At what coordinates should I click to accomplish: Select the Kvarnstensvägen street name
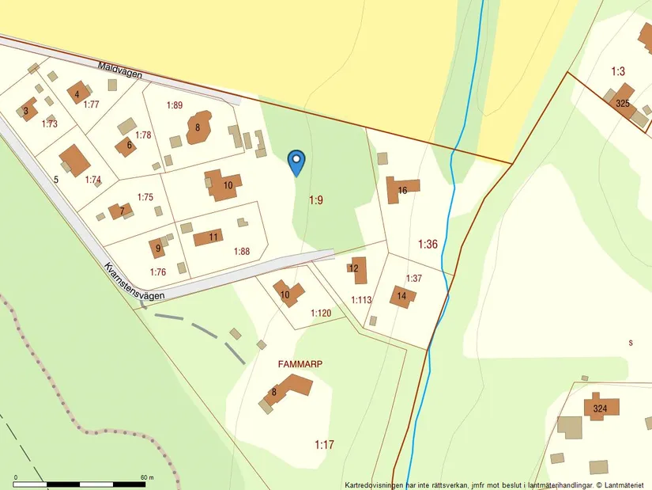134,282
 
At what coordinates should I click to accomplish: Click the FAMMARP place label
300,364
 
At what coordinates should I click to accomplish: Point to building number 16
402,190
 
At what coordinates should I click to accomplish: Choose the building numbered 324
600,408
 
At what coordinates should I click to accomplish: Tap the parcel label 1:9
315,200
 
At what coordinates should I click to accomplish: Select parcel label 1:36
427,244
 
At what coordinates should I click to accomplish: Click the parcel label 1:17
324,445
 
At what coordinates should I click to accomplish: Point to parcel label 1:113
361,300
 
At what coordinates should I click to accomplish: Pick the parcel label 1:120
321,313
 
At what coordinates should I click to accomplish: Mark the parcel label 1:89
175,105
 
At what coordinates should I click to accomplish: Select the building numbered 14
401,297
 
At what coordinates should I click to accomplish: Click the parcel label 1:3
618,71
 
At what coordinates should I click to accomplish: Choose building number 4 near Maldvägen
77,94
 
